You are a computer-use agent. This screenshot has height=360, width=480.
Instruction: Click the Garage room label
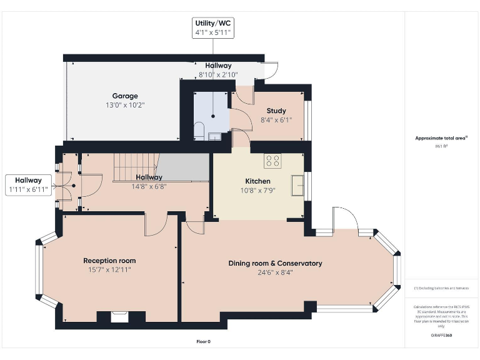click(x=125, y=96)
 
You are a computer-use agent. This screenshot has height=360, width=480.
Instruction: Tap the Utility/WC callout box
click(x=213, y=28)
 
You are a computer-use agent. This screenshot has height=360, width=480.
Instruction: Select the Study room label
click(x=276, y=111)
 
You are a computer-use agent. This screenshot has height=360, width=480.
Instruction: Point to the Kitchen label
click(x=257, y=182)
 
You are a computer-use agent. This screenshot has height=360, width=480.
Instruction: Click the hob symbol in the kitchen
click(x=272, y=161)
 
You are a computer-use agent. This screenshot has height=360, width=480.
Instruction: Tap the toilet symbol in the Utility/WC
click(x=199, y=131)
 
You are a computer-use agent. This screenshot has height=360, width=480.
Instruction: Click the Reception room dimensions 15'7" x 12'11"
click(x=109, y=270)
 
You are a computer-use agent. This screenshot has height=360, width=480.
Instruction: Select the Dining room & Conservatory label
click(x=275, y=263)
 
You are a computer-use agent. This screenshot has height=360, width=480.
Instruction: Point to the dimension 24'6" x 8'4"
click(x=275, y=272)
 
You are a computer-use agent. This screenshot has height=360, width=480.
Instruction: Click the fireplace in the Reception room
click(x=119, y=317)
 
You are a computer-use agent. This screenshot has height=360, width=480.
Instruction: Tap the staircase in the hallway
click(x=134, y=167)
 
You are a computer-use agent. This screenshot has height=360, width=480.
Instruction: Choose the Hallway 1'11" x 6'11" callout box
click(x=28, y=184)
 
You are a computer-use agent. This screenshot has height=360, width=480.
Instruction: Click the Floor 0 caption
click(x=204, y=341)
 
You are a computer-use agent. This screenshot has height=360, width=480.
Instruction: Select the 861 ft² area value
click(x=441, y=146)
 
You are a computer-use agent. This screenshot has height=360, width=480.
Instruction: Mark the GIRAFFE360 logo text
click(x=441, y=335)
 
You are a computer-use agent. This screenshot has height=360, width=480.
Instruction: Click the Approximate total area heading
click(x=441, y=138)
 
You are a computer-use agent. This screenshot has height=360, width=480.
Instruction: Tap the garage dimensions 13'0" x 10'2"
click(x=125, y=105)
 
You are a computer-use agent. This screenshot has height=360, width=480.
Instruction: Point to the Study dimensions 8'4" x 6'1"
click(x=276, y=120)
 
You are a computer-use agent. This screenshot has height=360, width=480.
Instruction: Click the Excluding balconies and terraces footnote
click(x=441, y=288)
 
